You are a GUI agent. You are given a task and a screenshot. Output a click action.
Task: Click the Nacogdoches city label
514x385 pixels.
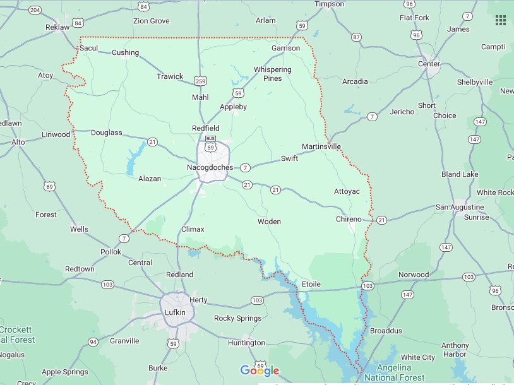210,167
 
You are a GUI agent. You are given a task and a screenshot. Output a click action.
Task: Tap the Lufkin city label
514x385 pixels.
177,312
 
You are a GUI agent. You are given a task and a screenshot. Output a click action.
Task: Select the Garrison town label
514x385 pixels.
285,48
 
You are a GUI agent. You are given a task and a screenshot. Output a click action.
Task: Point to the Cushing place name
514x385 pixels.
125,52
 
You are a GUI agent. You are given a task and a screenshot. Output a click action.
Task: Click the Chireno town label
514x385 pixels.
348,219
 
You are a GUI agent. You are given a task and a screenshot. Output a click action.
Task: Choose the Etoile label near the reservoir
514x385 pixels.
311,284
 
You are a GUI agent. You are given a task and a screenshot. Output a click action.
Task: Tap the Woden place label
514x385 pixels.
269,222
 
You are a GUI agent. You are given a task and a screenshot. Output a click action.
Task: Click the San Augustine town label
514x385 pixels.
460,207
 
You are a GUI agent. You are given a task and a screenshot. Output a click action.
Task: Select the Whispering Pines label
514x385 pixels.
272,74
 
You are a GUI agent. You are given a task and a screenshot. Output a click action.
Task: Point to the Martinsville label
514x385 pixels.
321,146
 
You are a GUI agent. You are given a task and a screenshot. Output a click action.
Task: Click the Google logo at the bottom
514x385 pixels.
260,370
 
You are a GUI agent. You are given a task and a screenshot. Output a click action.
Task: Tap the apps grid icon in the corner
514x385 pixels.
500,20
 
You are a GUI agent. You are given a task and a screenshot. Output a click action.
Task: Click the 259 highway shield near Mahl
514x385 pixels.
201,81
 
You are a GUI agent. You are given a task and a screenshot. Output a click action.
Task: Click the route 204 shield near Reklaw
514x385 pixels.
35,10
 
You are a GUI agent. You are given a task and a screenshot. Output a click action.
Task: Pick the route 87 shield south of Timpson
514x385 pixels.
357,37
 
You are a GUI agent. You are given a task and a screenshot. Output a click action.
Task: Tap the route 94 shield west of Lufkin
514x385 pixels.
93,342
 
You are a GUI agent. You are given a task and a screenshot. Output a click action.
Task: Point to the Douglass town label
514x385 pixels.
106,133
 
